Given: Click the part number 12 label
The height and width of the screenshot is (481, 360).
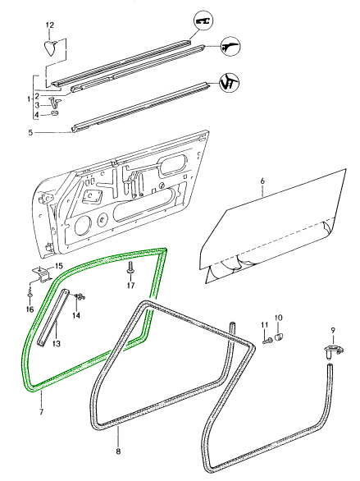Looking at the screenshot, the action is tap(50, 25).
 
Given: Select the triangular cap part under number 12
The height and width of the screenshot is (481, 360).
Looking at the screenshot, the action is tap(51, 48).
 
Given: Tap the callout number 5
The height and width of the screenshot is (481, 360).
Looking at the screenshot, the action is tap(30, 133).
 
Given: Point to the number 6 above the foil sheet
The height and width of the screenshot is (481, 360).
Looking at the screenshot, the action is tap(262, 181).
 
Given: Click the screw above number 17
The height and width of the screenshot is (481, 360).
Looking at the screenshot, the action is tap(130, 269).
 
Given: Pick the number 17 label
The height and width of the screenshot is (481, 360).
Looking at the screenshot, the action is tap(131, 286).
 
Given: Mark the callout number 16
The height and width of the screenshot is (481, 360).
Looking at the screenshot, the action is tap(30, 309).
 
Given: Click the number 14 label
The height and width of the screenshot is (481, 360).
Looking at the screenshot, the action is tap(76, 315).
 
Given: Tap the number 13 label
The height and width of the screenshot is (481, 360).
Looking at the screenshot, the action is tap(56, 343).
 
